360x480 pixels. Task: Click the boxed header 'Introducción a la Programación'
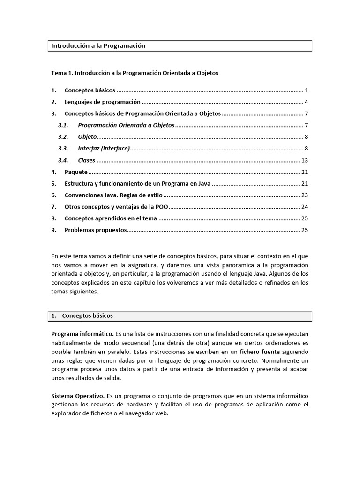click(98, 45)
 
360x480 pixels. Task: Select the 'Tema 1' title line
click(135, 73)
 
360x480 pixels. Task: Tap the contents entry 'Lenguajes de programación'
click(102, 102)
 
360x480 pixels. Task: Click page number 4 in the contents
click(306, 102)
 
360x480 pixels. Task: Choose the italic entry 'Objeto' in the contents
click(87, 137)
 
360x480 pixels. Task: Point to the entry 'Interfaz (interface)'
click(104, 149)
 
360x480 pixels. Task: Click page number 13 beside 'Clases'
click(304, 160)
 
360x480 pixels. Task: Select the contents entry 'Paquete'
click(76, 172)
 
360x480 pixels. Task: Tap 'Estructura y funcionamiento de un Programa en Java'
click(137, 184)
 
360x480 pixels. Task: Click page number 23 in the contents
click(304, 195)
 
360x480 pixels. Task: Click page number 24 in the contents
click(304, 207)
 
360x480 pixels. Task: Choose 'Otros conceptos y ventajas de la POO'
click(116, 207)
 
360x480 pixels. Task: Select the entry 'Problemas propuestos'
click(96, 230)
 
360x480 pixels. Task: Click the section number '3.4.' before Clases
click(63, 160)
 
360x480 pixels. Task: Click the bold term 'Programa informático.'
click(82, 334)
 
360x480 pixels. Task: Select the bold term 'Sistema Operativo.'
click(77, 396)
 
